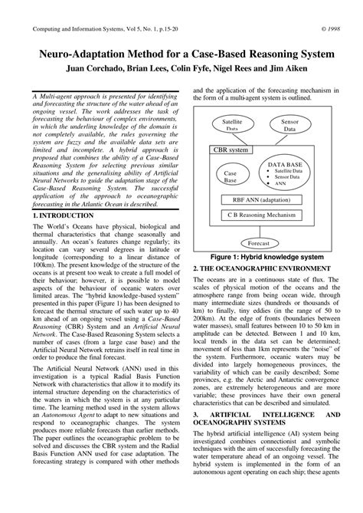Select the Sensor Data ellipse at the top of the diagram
pos(290,126)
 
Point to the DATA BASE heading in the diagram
pos(286,164)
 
